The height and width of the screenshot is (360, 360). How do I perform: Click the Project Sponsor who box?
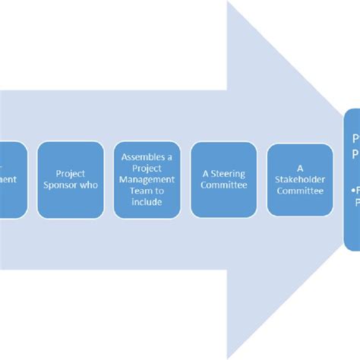[x=70, y=180]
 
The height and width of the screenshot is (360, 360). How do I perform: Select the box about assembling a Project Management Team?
[x=147, y=180]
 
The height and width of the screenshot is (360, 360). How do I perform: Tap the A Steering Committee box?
[x=224, y=180]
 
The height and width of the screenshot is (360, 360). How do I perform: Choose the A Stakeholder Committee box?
[x=299, y=180]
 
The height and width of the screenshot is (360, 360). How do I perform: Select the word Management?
[x=147, y=179]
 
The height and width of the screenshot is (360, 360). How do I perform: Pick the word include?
[x=147, y=202]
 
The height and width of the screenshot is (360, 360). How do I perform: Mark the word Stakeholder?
[x=299, y=179]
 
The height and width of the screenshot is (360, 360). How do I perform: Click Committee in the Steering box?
[x=224, y=185]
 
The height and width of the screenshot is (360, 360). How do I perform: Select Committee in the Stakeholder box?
[x=299, y=191]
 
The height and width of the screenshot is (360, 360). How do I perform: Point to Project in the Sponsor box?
[x=70, y=173]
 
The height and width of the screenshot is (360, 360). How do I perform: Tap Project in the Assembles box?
[x=147, y=169]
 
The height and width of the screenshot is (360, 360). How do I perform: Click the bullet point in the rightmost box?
[x=354, y=191]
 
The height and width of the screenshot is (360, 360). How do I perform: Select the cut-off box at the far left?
[x=12, y=180]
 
